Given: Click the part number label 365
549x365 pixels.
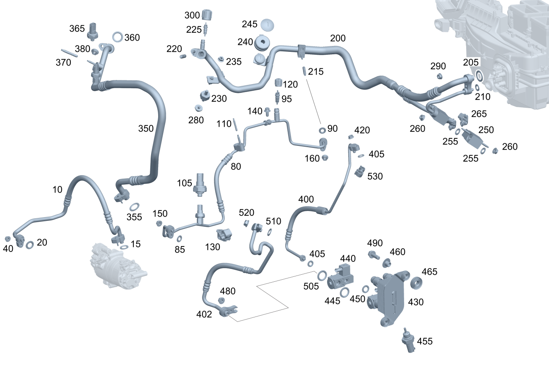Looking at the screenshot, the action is click(77, 28).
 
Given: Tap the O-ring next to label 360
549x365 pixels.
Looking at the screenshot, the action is click(117, 37).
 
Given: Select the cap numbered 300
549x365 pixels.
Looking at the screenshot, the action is click(207, 15).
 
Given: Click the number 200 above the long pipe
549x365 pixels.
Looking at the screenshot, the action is click(338, 39).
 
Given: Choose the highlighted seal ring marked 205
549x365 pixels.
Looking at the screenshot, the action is click(479, 76).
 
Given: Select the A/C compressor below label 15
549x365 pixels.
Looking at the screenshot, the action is click(118, 265).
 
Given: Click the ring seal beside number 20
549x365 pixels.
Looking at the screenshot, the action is click(30, 245).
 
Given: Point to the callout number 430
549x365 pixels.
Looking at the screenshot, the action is click(416, 302).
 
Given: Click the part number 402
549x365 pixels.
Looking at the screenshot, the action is click(204, 314).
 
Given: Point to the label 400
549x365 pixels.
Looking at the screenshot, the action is click(306, 199).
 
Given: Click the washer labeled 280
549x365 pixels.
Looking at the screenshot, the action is click(198, 109).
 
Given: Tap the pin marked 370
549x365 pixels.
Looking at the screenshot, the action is click(69, 53).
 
